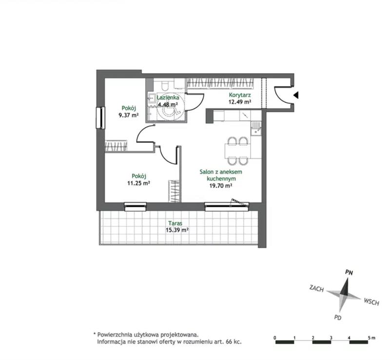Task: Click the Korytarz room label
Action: (240, 95)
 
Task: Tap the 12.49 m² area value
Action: (240, 102)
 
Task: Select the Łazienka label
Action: (168, 98)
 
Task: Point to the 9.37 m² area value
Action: (129, 115)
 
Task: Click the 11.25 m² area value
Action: (138, 183)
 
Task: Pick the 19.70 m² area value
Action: (221, 185)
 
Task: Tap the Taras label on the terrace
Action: (175, 223)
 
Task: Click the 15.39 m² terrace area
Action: (177, 230)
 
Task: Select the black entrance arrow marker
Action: (296, 95)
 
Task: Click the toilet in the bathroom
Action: (164, 85)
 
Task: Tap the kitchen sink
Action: (256, 128)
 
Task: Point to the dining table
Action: (237, 151)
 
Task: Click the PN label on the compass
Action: (349, 273)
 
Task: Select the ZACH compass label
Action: (316, 288)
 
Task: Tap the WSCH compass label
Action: (371, 301)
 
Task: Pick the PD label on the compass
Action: (337, 318)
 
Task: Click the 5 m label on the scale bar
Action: (371, 338)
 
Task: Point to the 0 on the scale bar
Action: (275, 338)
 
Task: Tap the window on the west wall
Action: (100, 118)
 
